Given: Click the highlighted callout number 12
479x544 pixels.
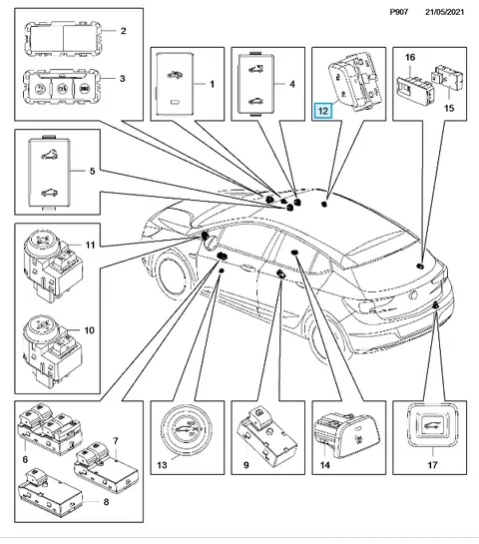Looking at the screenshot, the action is click(322, 111).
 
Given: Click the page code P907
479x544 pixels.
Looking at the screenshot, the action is click(399, 12).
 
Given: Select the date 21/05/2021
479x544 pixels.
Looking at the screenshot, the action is click(444, 12).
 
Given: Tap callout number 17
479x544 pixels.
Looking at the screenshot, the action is click(432, 464).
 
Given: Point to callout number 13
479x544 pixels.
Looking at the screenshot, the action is click(162, 464).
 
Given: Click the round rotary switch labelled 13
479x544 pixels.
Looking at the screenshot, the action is click(187, 430).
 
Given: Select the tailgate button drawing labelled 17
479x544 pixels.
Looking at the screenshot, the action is click(432, 425).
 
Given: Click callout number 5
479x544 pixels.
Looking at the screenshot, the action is click(92, 171).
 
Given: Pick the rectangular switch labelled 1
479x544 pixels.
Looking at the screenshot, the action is click(175, 84).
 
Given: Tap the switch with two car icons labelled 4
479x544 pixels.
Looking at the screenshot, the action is click(256, 83).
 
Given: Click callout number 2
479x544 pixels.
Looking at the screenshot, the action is click(123, 31).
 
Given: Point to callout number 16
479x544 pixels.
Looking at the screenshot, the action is click(410, 57).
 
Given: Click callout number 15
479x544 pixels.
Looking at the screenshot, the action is click(449, 108).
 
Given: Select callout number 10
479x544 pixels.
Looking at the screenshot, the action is click(90, 330).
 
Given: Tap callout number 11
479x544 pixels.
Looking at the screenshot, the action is click(90, 245).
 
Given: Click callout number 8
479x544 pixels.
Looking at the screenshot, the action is click(106, 502).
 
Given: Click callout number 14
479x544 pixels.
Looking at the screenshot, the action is click(324, 464).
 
